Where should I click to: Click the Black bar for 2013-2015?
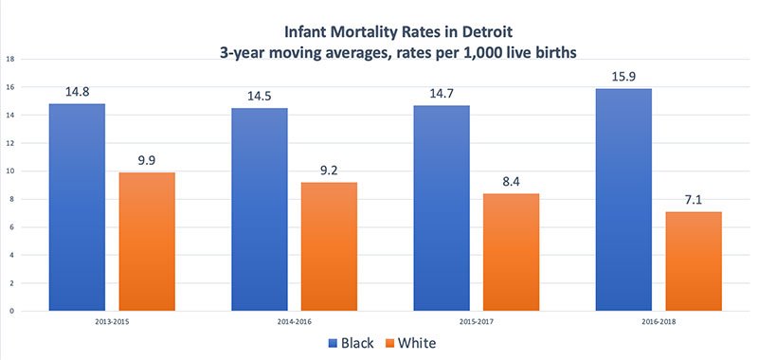tap(77, 207)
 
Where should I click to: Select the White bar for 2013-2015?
tap(147, 241)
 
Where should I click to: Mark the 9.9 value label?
tap(147, 160)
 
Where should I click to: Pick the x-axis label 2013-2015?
tap(112, 323)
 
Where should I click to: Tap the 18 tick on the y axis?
tap(9, 59)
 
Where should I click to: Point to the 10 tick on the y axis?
tap(9, 171)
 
